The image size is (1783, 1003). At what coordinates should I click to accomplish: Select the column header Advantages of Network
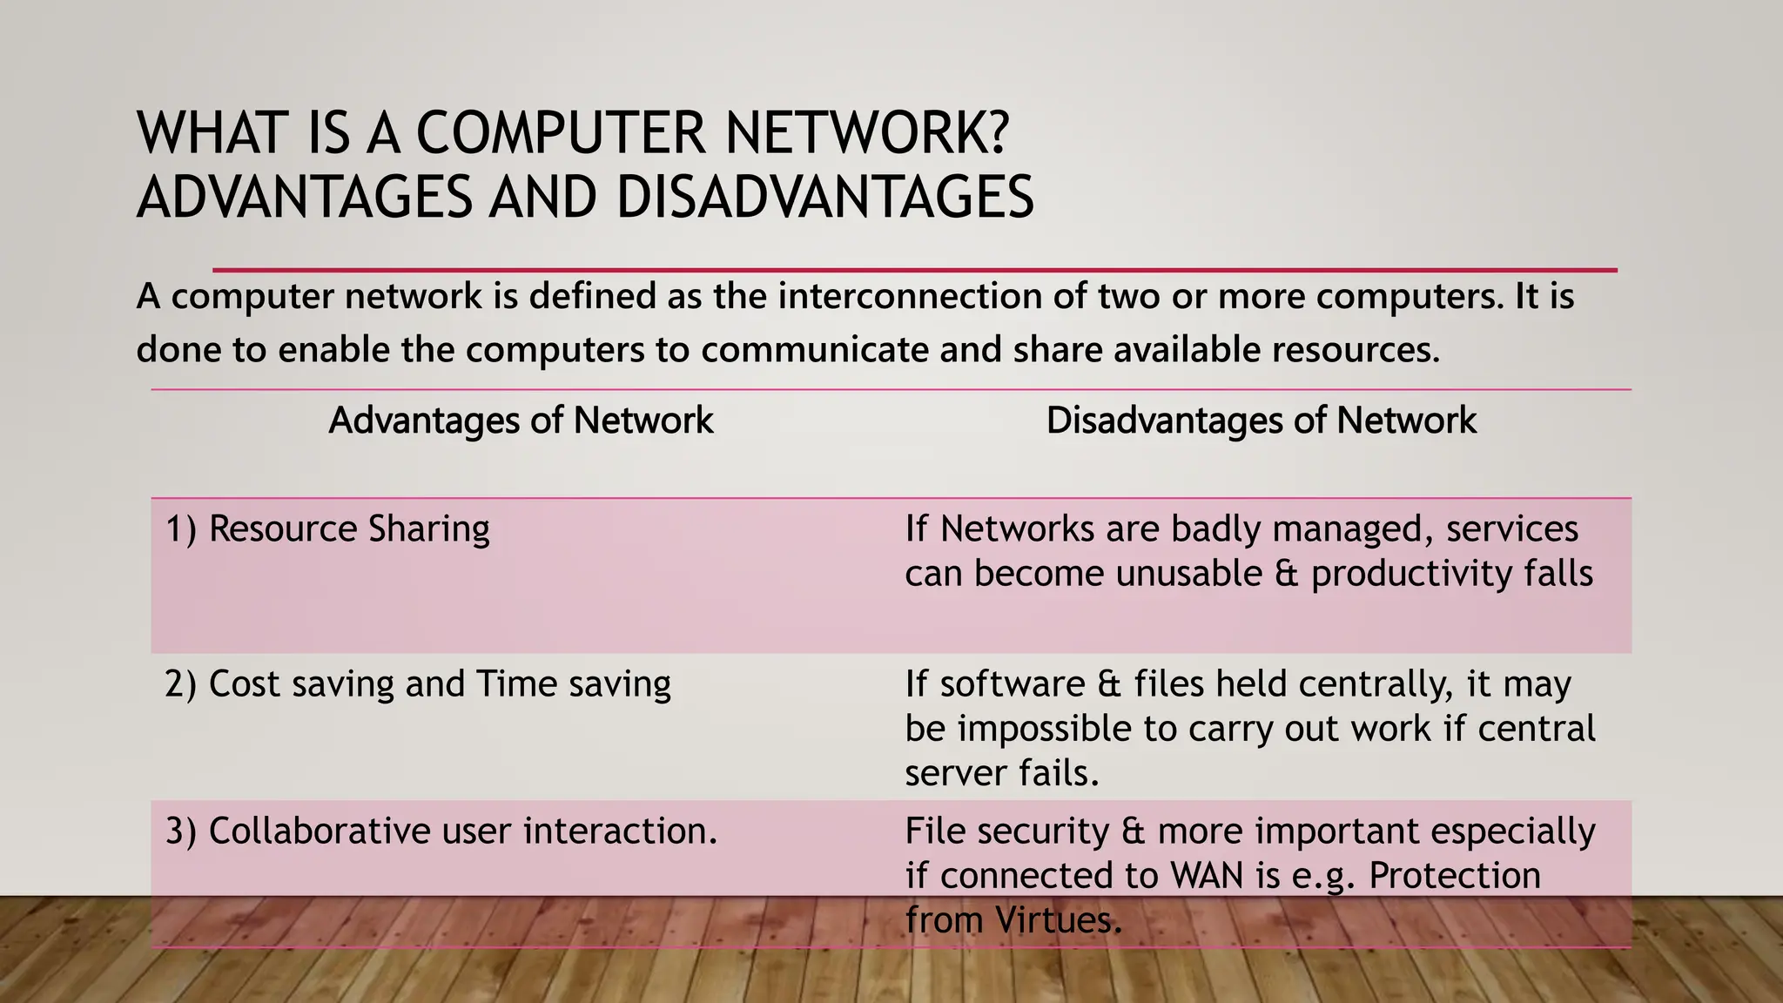[521, 421]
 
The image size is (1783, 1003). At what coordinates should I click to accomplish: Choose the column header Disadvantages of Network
[1261, 421]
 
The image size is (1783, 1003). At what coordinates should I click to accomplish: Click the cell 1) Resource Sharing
[327, 529]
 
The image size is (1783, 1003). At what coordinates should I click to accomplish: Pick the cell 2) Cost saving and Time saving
[418, 684]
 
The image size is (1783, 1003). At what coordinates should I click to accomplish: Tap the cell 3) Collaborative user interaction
[441, 831]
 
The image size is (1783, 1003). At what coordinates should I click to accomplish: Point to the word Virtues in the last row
[1058, 920]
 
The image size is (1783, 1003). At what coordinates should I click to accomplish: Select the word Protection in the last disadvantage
[1454, 876]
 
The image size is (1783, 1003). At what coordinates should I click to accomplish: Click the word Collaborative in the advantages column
[319, 831]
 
